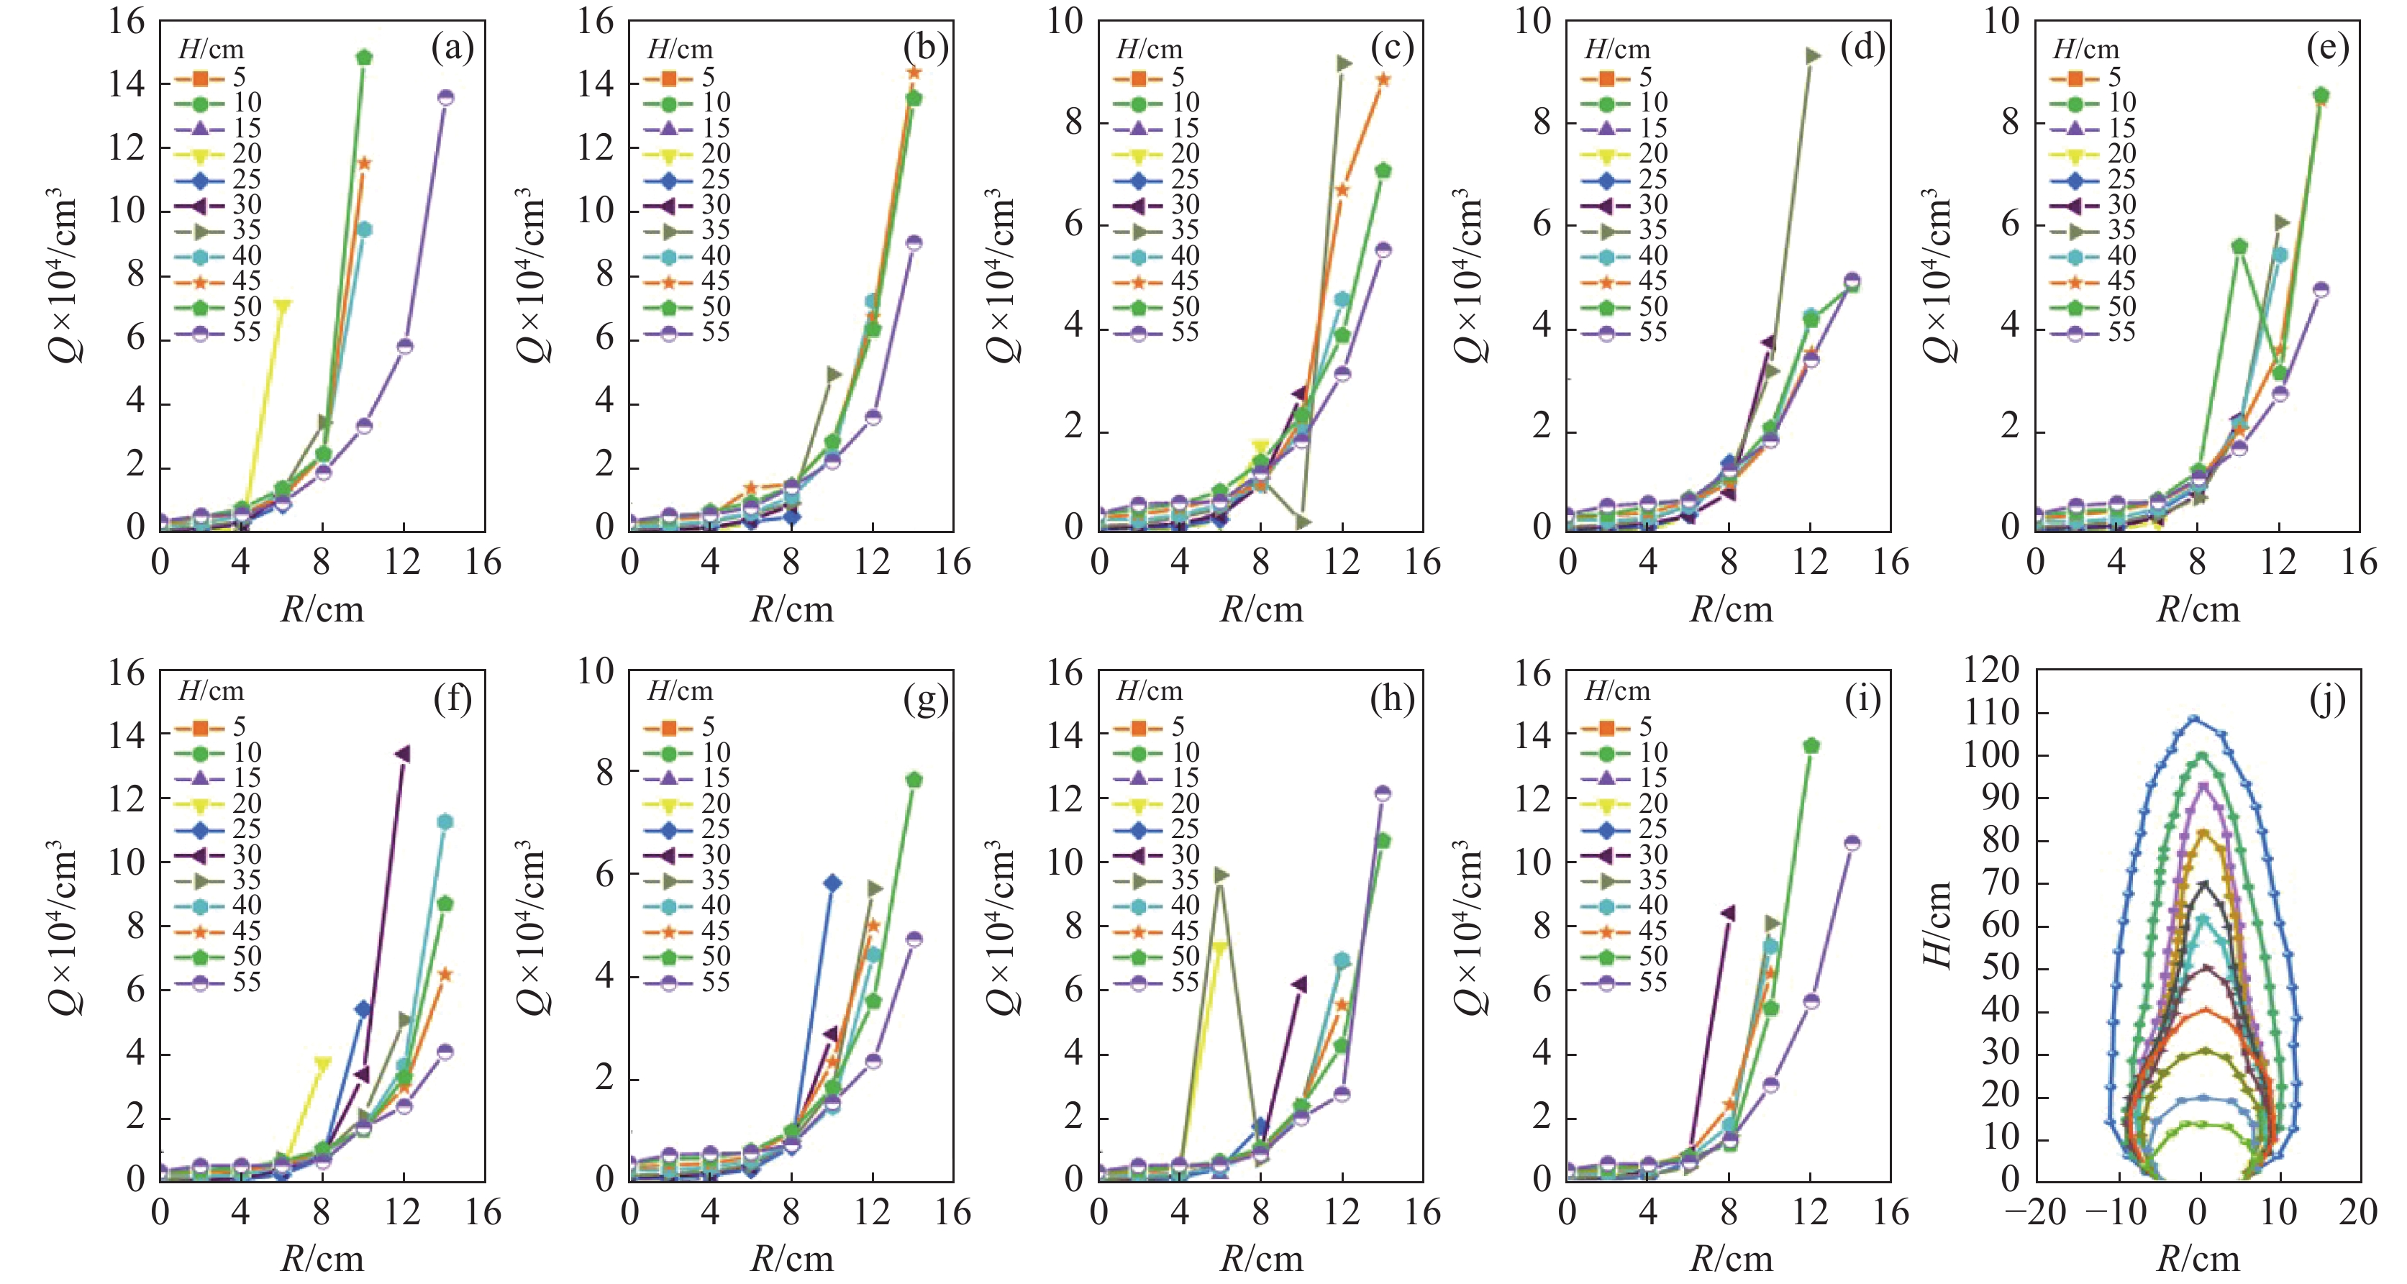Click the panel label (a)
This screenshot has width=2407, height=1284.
point(453,47)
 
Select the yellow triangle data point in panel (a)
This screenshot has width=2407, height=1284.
point(282,306)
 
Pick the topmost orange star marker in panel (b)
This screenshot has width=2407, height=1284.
point(914,72)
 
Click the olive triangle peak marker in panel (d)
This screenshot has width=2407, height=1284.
point(1814,56)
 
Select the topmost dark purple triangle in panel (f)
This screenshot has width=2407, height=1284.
point(404,754)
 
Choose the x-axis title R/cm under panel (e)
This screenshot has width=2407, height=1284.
point(2198,609)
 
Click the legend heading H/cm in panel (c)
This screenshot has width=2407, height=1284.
point(1150,49)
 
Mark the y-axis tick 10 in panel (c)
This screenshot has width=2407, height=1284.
point(1064,21)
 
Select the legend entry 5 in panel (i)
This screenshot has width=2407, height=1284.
point(1645,726)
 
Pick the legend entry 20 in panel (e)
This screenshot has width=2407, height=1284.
point(2122,153)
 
